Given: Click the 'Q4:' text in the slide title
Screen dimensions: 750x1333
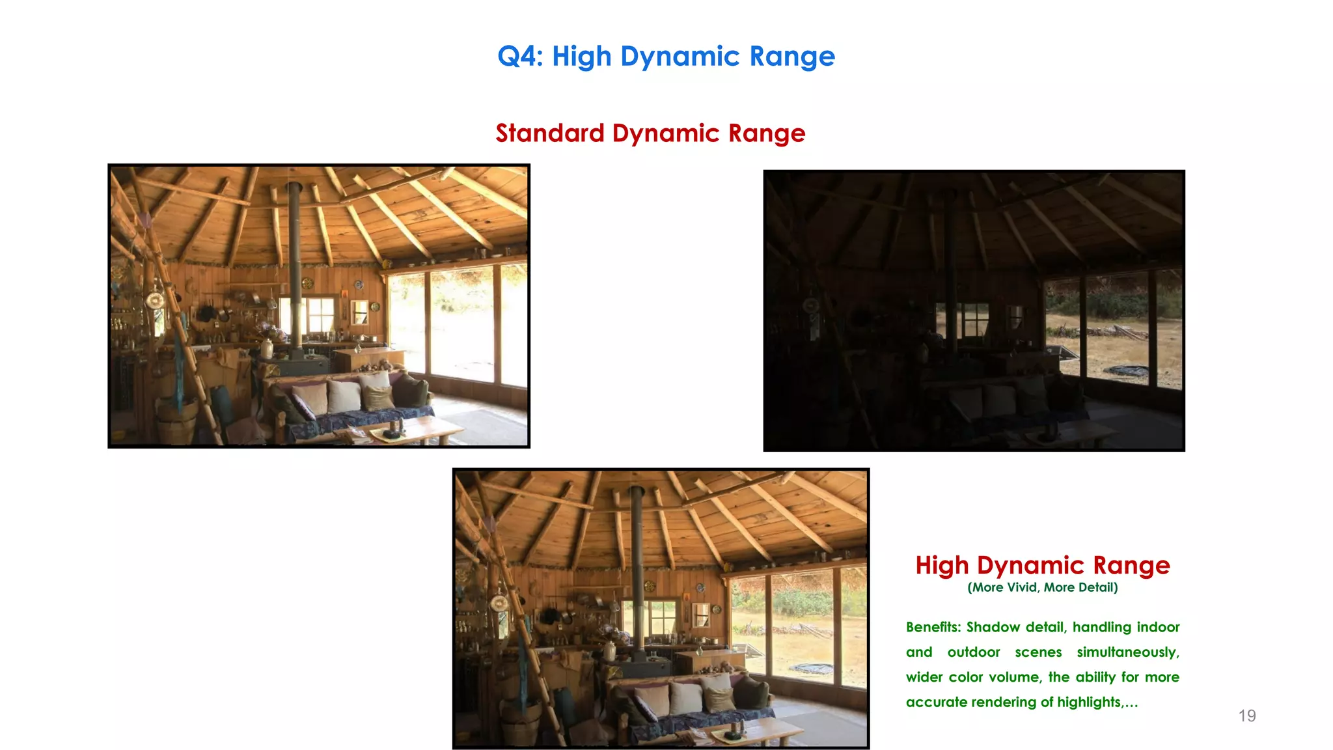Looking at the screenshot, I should (x=520, y=57).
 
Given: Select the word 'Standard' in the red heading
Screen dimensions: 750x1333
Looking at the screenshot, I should (x=550, y=133).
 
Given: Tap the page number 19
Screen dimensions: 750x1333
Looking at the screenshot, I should (x=1246, y=715).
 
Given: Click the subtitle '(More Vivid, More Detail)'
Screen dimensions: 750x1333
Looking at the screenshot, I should (x=1042, y=587).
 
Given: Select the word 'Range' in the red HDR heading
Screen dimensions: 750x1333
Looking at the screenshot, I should (x=1131, y=565).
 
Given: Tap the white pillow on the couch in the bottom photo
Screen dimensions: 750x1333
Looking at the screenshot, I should (x=685, y=697).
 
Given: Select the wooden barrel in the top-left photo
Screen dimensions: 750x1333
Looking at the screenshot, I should (x=177, y=420).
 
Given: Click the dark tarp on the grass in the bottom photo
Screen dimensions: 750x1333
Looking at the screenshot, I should (x=811, y=669).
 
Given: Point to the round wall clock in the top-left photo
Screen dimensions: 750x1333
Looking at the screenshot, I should (x=155, y=300).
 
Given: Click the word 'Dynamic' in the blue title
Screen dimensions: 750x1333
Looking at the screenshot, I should (x=680, y=57).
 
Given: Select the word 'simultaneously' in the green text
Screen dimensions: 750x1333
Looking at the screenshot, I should (x=1127, y=652).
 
